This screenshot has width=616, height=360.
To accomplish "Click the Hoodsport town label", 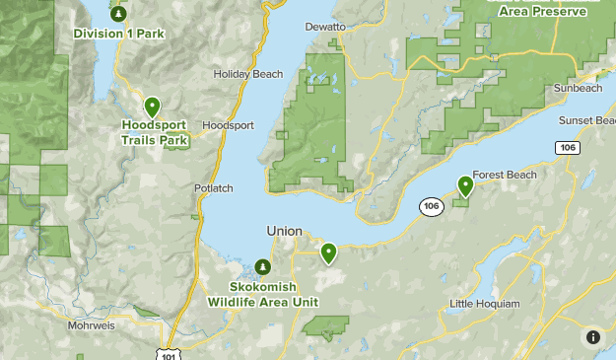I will point(228,126).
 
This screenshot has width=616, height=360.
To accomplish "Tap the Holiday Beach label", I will point(248,74).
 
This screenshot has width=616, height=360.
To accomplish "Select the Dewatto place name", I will point(325,27).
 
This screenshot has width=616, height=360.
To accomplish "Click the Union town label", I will point(284,231).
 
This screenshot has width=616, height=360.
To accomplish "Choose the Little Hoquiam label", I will point(484,304).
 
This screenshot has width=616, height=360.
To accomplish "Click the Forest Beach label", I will point(505,176).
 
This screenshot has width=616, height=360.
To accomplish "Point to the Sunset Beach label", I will point(589,120).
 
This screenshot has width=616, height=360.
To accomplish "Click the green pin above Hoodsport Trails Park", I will point(152,107).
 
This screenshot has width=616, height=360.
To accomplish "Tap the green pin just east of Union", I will point(328,253).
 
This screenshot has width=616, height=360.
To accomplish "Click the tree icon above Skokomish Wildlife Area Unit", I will point(262,267).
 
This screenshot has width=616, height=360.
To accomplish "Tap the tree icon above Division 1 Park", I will point(118,14).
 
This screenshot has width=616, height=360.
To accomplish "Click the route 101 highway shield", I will point(173,353).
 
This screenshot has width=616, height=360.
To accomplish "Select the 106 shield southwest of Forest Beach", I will point(430,206).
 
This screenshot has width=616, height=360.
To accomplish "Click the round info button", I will point(592,337).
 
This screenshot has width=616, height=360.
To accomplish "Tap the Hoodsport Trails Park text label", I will point(155,133).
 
